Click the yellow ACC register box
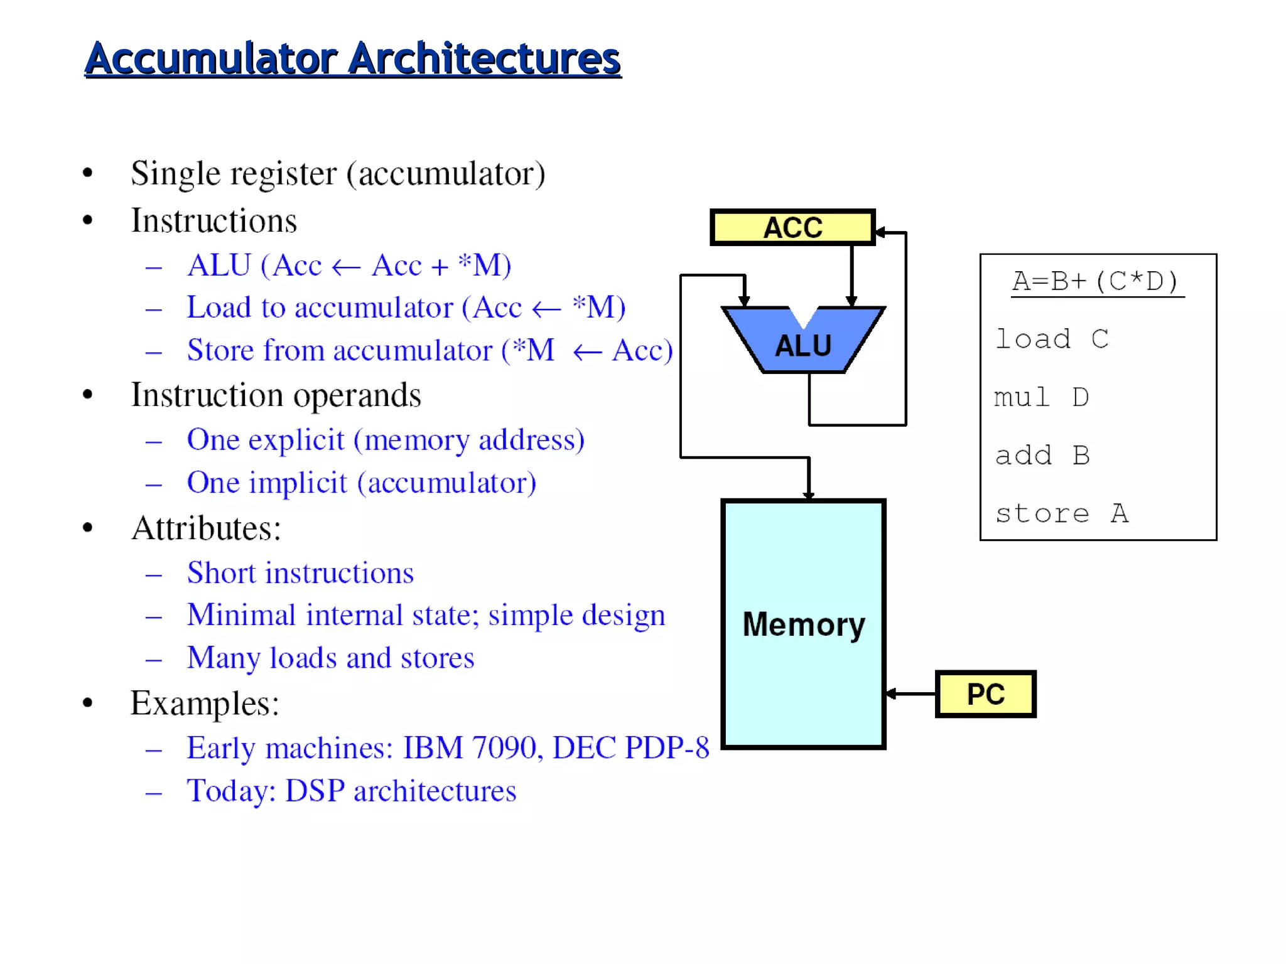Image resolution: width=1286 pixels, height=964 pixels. [x=792, y=227]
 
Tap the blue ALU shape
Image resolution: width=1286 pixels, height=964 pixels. [x=803, y=345]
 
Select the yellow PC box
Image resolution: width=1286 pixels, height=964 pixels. [x=985, y=694]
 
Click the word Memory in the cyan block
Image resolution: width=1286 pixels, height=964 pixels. [x=804, y=624]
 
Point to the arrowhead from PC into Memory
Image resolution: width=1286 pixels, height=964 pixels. [x=891, y=694]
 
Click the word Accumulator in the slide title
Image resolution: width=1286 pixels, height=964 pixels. [x=211, y=59]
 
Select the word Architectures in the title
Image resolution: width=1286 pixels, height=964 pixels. [x=484, y=59]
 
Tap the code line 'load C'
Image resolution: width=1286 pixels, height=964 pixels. [x=1052, y=340]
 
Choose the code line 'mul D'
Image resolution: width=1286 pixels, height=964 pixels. [x=1041, y=397]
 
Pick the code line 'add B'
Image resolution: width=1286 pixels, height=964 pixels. [x=1042, y=456]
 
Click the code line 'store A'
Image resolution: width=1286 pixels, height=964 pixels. [x=1062, y=513]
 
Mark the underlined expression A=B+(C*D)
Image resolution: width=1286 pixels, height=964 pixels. [x=1096, y=281]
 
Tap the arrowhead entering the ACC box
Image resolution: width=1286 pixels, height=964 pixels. [x=880, y=232]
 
